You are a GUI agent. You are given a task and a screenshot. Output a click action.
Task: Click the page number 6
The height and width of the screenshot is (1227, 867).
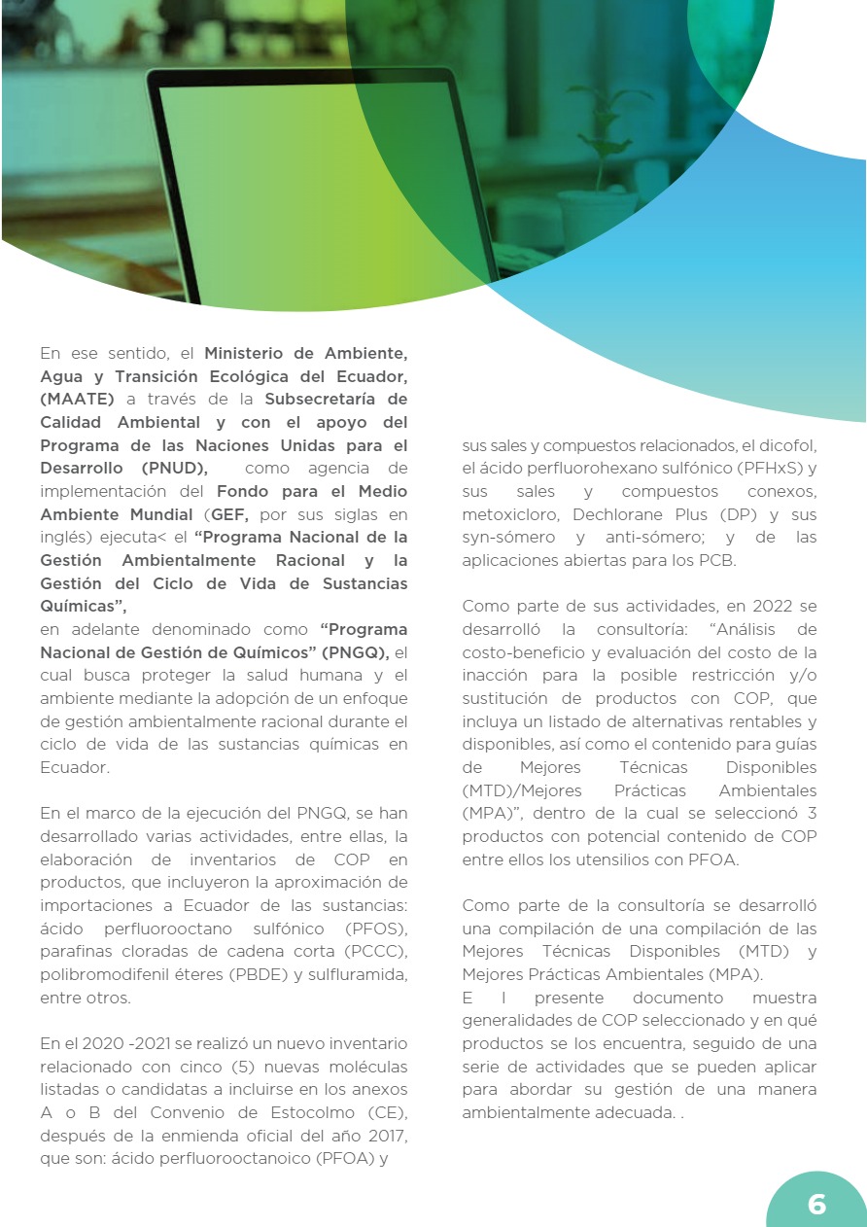(x=816, y=1205)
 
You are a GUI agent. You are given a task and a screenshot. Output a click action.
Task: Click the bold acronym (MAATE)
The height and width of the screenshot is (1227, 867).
(x=78, y=399)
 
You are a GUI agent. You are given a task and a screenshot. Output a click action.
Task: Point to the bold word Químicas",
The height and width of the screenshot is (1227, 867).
(x=84, y=607)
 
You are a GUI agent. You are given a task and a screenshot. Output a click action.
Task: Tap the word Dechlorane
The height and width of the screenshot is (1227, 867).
(x=619, y=514)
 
